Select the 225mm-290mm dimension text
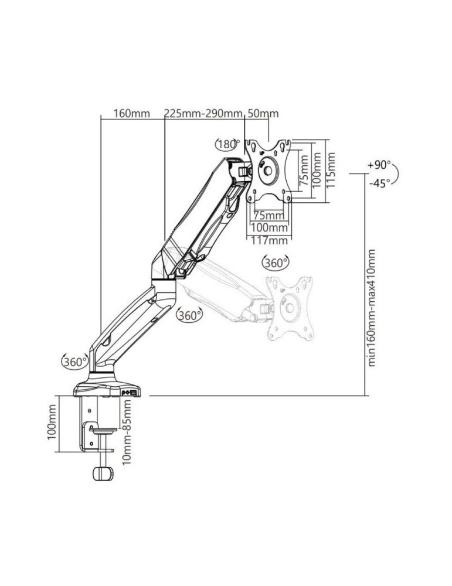(x=203, y=113)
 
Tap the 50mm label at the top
(x=263, y=113)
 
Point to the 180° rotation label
(x=229, y=144)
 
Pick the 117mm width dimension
(x=269, y=240)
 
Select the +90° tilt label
(x=379, y=165)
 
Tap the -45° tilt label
(x=379, y=183)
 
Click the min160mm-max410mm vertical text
(x=372, y=308)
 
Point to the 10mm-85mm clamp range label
(x=127, y=432)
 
